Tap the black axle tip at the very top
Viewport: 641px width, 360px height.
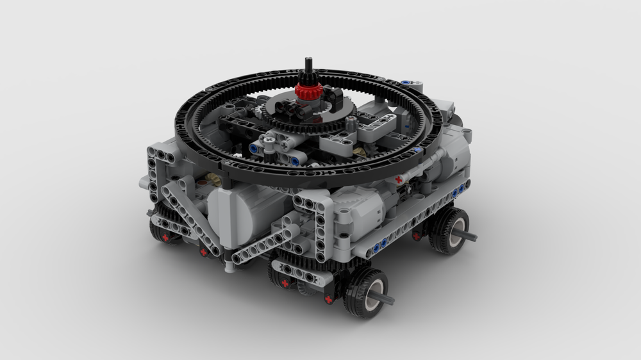[x=308, y=63]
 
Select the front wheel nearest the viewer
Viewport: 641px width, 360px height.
[x=365, y=292]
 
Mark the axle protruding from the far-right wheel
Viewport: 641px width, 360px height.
[x=468, y=236]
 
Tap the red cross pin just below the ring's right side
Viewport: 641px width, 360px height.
[x=399, y=180]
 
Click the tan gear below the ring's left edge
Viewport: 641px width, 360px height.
[x=215, y=180]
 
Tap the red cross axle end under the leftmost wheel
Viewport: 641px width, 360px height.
[x=165, y=238]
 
